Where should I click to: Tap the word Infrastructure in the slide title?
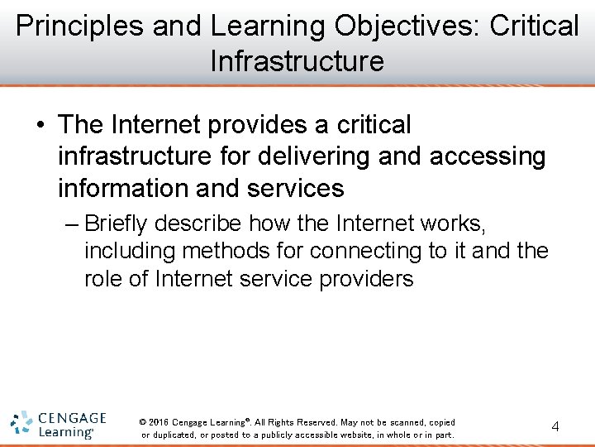(x=297, y=61)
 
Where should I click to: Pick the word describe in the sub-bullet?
(x=200, y=223)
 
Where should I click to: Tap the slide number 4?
(x=555, y=427)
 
